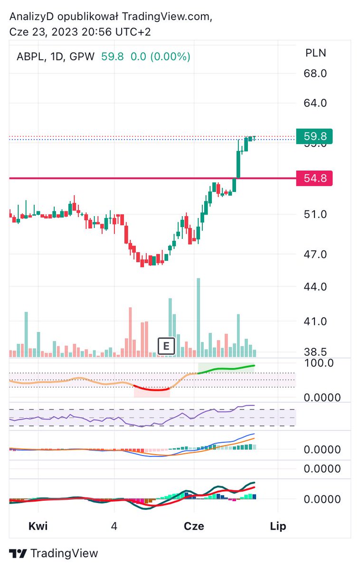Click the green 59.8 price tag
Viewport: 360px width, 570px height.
click(x=314, y=136)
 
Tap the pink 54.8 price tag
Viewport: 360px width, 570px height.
click(x=314, y=178)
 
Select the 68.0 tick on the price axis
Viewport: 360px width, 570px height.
click(x=315, y=74)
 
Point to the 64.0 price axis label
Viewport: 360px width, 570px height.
click(x=315, y=103)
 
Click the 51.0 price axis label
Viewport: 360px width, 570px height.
click(x=315, y=215)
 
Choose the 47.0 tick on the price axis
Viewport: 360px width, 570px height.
click(x=315, y=255)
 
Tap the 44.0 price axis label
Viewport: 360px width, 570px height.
click(x=315, y=287)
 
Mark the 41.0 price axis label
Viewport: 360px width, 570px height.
click(x=315, y=322)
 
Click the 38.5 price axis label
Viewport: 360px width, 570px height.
click(x=315, y=352)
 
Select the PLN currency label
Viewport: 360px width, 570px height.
click(x=316, y=53)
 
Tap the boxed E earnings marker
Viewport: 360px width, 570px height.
click(x=166, y=346)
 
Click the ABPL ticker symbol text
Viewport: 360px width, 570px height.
click(x=30, y=57)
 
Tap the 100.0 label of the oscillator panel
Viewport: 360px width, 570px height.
click(x=319, y=363)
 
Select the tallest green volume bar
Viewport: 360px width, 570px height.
click(x=199, y=318)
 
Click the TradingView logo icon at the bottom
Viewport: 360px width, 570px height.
click(x=18, y=553)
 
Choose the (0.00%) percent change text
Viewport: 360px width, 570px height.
click(x=170, y=57)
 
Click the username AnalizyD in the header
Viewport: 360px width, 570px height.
click(x=31, y=17)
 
